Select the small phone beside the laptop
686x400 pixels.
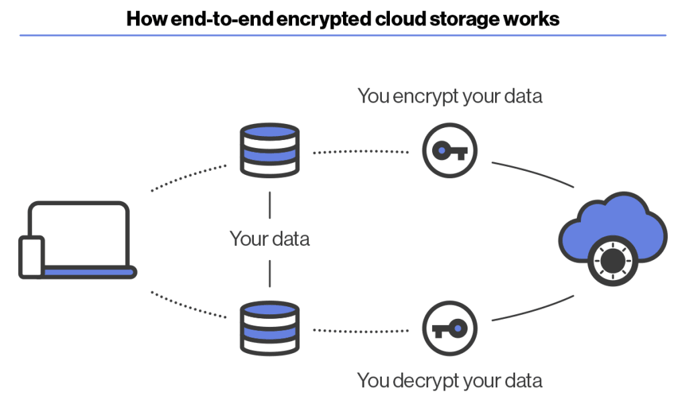click(x=31, y=257)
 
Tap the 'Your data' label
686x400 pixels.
click(x=269, y=239)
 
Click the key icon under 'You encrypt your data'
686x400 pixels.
click(x=450, y=151)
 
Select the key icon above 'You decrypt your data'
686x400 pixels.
click(x=450, y=329)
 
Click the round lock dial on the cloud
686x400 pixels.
click(x=610, y=262)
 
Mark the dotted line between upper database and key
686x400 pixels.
click(x=361, y=152)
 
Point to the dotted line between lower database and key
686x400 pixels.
click(x=361, y=330)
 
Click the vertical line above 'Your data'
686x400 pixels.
click(x=269, y=204)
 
